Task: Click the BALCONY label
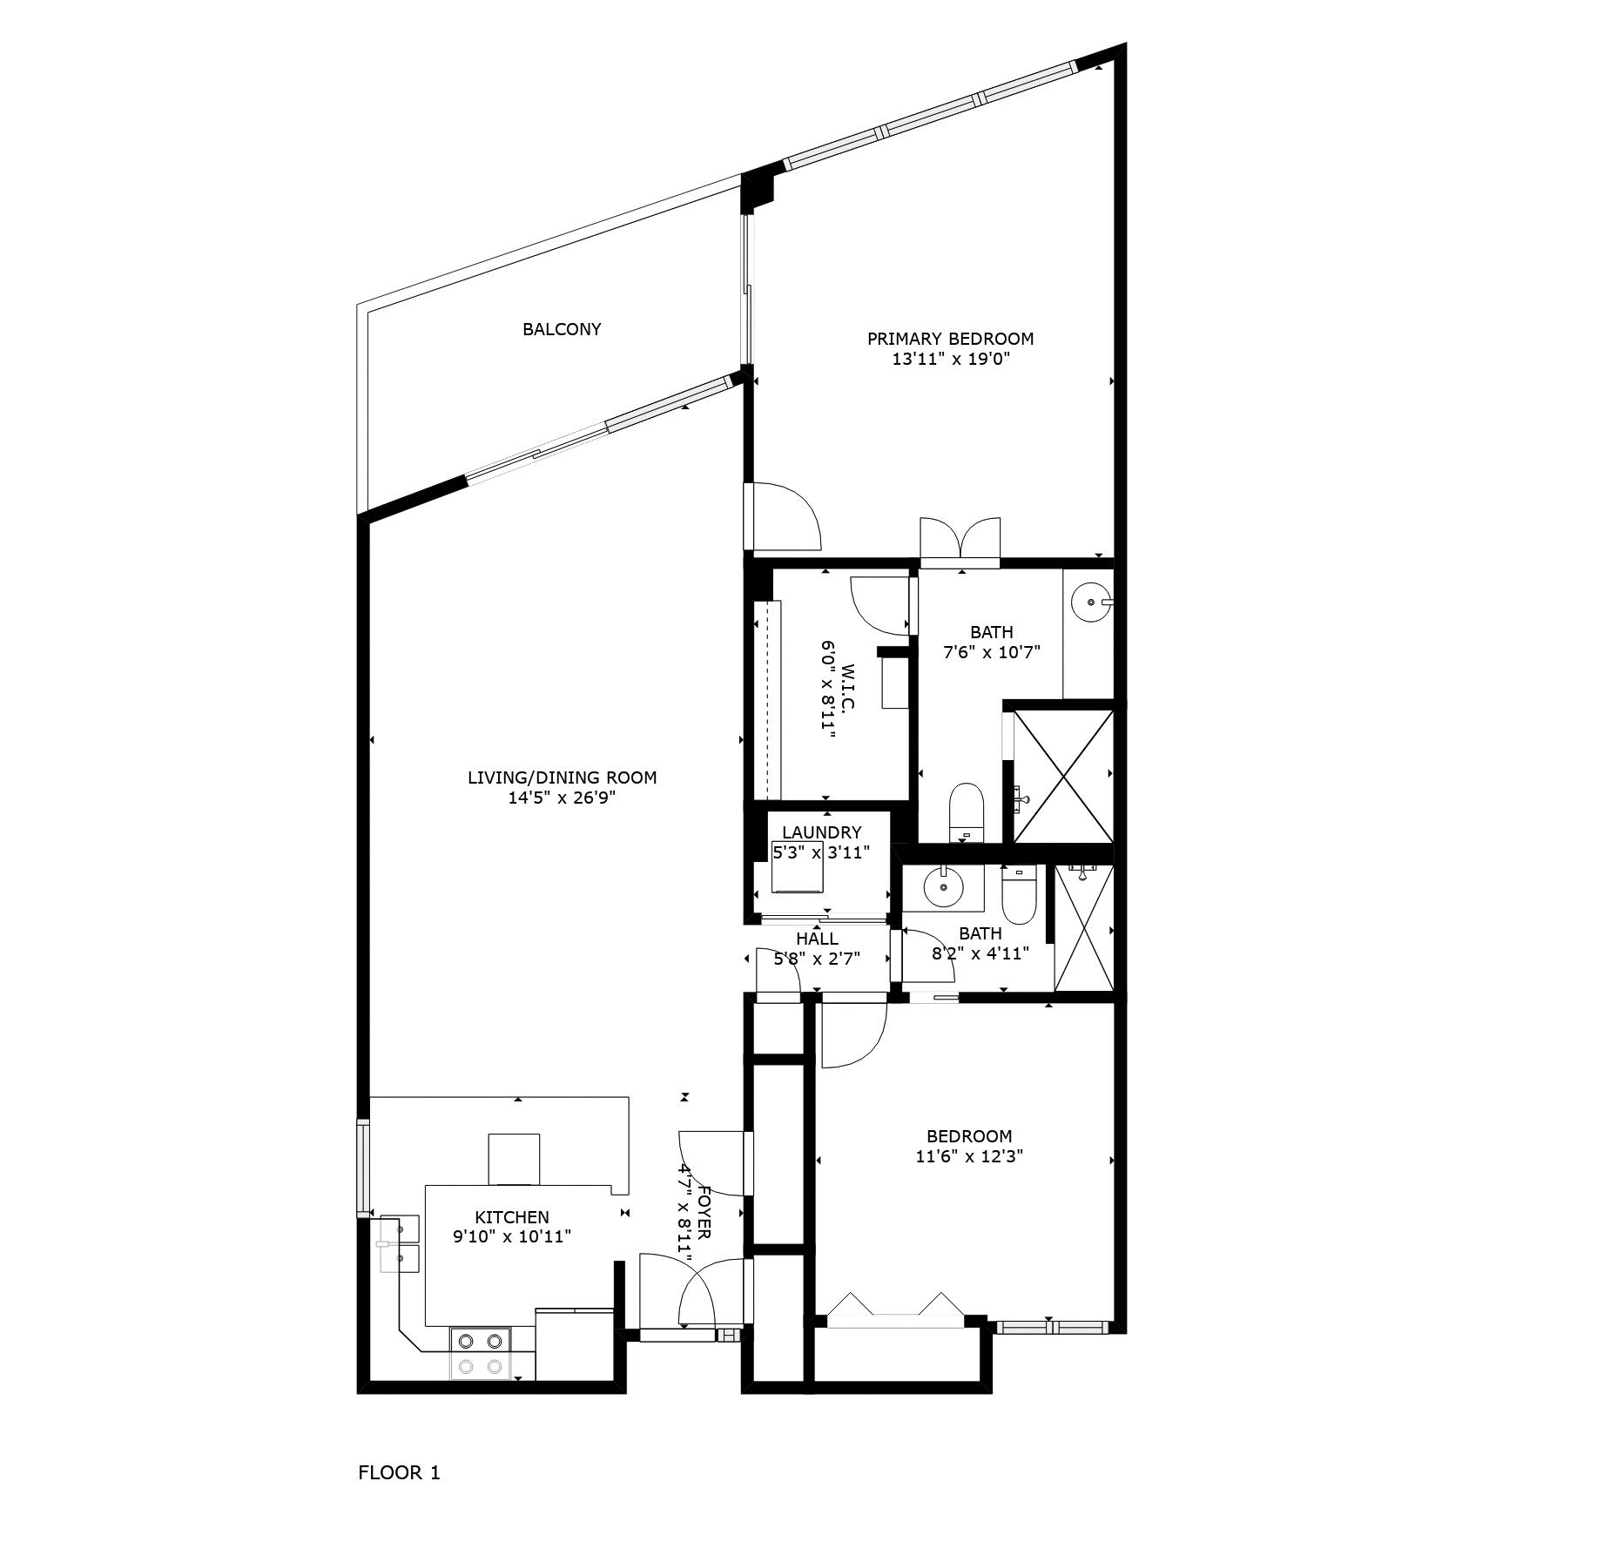[x=562, y=329]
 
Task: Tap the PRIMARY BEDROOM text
[x=950, y=339]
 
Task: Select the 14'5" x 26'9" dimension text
[x=562, y=798]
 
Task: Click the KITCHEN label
[x=512, y=1217]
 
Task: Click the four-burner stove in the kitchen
[x=481, y=1354]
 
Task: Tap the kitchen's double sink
[x=400, y=1244]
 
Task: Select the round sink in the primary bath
[x=1089, y=601]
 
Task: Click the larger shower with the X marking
[x=1063, y=775]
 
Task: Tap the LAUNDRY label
[x=821, y=832]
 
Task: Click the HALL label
[x=817, y=939]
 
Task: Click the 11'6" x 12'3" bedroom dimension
[x=969, y=1156]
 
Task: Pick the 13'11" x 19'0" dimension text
[x=950, y=359]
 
